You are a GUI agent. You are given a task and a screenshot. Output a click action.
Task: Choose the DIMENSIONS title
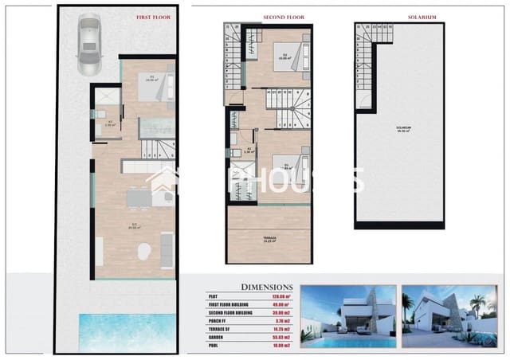point(266,287)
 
